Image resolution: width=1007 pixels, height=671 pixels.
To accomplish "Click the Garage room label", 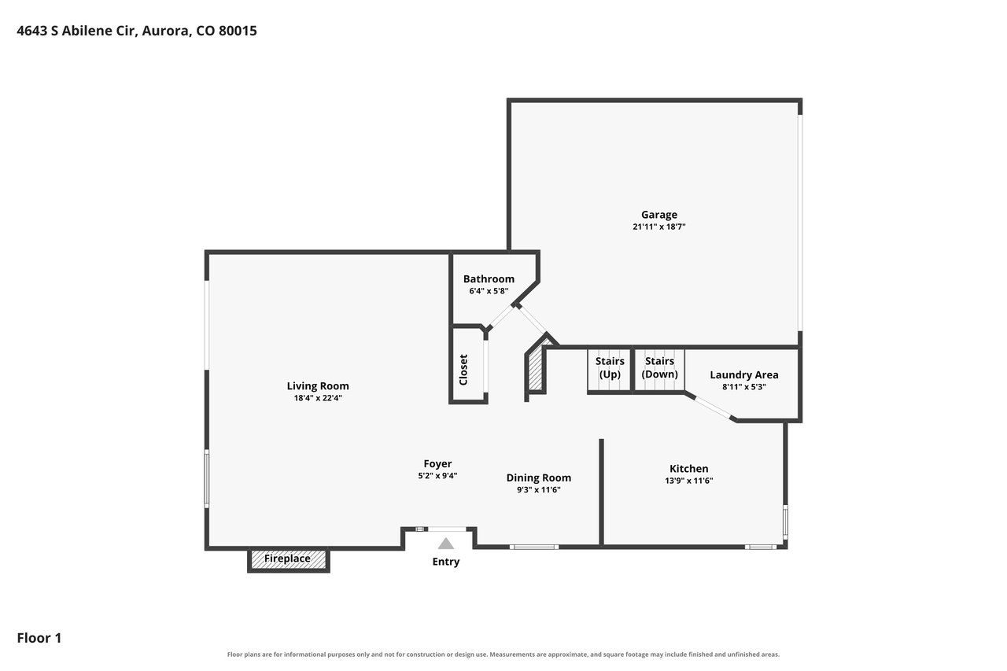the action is coord(658,215).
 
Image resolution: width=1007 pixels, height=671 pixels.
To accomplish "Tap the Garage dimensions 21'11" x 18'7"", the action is coord(658,227).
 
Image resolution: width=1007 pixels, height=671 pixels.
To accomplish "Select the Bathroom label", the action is coord(489,279).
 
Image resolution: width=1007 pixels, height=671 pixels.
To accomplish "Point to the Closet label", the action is coord(463,370).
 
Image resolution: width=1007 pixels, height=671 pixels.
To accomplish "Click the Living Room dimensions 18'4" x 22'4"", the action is coord(318,398).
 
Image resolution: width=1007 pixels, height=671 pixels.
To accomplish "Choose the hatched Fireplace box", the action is coord(288,559).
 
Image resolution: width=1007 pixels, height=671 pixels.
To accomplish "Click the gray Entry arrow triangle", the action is coord(445,544).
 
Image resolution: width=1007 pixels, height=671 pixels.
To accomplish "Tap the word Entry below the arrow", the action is coord(445,562).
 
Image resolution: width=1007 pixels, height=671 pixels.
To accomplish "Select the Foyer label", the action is coord(437,463).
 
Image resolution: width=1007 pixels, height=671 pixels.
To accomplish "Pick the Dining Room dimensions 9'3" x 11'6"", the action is coord(539,490).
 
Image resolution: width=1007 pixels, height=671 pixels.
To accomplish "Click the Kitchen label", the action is coord(688,469).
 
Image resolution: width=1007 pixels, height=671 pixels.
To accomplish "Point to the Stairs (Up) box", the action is coord(610,371).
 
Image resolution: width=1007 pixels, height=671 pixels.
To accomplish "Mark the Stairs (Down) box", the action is coord(659,371).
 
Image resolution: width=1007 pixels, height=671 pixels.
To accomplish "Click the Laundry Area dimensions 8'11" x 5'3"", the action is coord(744,387).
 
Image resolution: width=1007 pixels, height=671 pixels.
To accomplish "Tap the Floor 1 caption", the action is coord(39,638).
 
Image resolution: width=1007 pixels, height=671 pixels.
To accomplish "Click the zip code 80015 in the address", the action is coord(238,31).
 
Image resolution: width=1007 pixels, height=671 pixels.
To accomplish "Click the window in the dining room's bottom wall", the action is coord(534,547).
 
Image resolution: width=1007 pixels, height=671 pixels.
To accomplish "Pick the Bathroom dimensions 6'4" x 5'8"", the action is coord(489,291).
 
